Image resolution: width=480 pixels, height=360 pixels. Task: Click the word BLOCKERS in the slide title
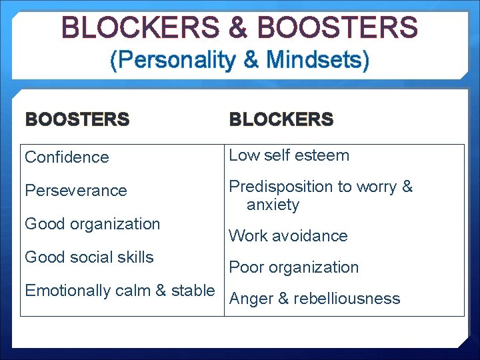click(138, 28)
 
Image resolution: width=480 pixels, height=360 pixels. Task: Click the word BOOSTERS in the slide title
click(337, 28)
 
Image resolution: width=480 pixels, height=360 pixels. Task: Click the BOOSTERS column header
click(77, 120)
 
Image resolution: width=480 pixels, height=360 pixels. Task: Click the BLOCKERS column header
click(281, 120)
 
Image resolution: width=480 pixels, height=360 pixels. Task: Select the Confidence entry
click(67, 157)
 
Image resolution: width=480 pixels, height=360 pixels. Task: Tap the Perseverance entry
click(75, 191)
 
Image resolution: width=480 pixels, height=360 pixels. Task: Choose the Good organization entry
click(92, 224)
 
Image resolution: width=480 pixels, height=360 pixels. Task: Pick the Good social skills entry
click(89, 257)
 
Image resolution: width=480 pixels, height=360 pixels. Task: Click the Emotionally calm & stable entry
click(120, 291)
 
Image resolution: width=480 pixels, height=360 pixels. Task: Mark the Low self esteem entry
click(289, 155)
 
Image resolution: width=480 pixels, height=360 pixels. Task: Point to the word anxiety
click(273, 205)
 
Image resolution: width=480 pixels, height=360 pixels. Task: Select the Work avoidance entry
click(288, 236)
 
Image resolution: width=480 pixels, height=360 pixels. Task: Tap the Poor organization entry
click(293, 267)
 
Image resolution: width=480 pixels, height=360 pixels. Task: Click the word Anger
click(250, 299)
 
